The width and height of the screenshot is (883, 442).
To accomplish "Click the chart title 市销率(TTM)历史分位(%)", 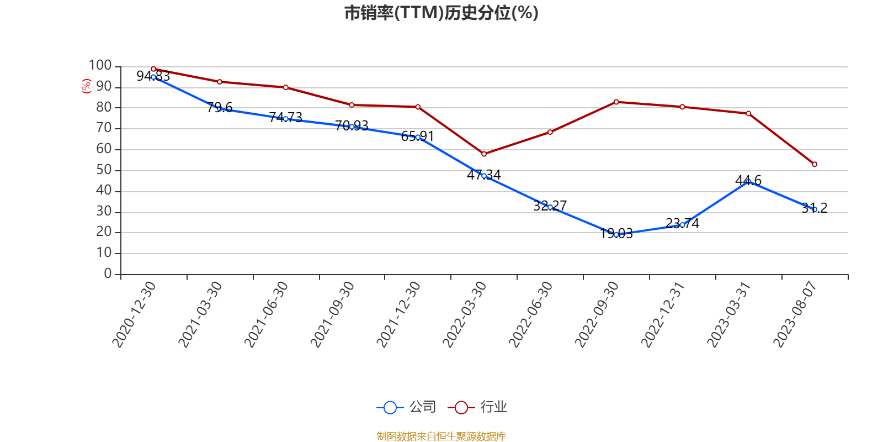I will [441, 13].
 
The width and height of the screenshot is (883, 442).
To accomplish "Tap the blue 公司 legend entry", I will [407, 407].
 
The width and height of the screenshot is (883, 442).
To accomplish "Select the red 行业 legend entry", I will [478, 407].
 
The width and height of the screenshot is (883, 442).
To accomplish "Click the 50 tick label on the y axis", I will [104, 170].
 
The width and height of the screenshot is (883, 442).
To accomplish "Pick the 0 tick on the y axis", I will [108, 274].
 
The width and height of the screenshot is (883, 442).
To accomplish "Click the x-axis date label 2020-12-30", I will [134, 314].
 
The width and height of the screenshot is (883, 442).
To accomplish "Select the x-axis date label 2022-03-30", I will [465, 314].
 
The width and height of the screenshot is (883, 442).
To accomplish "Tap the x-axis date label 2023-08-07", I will [795, 314].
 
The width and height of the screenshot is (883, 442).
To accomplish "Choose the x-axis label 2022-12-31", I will [663, 314].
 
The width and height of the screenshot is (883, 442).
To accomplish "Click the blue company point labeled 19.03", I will [616, 234].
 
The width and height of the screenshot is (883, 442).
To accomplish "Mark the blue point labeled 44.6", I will [748, 181].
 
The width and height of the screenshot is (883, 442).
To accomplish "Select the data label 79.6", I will [220, 107].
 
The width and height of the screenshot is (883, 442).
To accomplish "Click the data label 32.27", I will [550, 206].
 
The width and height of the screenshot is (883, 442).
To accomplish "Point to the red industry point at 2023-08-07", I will [815, 164].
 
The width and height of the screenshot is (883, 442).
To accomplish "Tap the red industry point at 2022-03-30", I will [484, 154].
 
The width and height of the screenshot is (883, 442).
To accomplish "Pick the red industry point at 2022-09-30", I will [616, 102].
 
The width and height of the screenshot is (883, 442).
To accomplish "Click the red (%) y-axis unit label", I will [86, 86].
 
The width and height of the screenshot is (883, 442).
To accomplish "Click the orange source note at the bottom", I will [441, 436].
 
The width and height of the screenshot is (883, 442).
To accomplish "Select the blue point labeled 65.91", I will [418, 137].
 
